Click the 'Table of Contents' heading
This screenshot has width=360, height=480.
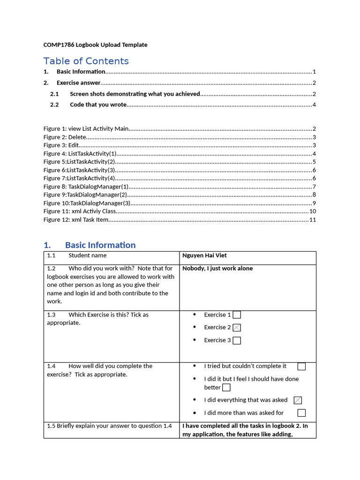click(x=86, y=61)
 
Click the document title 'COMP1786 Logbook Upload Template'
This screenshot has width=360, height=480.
click(x=95, y=45)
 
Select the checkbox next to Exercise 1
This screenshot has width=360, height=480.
click(x=237, y=315)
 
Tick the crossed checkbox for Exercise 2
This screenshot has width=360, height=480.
click(x=237, y=328)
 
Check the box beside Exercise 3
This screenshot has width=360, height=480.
click(x=237, y=340)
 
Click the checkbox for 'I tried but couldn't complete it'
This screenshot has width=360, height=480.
click(x=301, y=366)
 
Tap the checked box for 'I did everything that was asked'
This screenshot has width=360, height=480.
click(x=298, y=400)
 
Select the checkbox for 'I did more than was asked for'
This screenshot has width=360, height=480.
click(x=301, y=413)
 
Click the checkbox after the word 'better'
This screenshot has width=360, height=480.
click(x=226, y=388)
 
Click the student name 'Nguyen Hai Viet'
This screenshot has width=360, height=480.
click(x=204, y=255)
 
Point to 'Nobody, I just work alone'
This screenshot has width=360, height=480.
click(x=217, y=269)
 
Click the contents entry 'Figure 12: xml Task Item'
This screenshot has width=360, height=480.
click(x=76, y=219)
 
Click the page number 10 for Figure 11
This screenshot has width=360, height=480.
click(x=312, y=211)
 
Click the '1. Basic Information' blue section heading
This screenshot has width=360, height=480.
click(x=90, y=245)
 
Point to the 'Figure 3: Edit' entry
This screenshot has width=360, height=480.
click(x=61, y=145)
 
